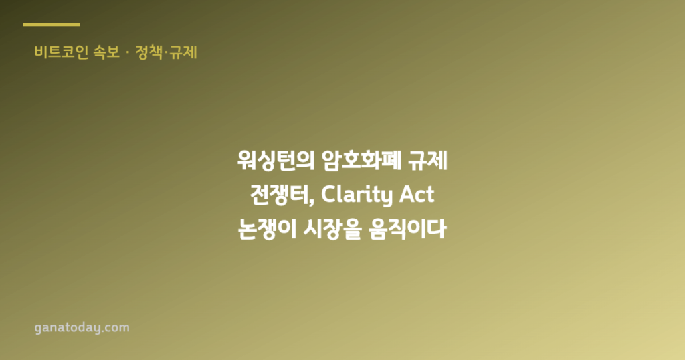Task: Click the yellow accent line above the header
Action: pos(51,25)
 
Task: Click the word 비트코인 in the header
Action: pos(62,52)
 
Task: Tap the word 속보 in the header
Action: pos(106,52)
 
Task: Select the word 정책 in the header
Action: pos(149,52)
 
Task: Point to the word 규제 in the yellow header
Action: pos(183,52)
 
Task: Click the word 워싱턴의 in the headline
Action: pos(276,161)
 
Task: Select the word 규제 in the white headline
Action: pos(427,161)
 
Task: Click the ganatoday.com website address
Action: pos(82,328)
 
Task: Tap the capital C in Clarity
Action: pos(328,195)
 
